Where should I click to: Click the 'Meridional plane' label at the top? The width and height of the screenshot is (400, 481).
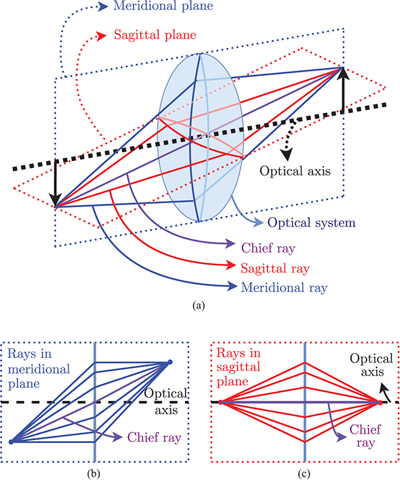pos(163,6)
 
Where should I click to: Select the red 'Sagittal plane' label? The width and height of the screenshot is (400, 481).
pos(155,35)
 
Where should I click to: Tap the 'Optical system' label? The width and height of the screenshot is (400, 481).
pos(312,223)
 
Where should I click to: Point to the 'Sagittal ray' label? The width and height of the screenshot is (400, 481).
pos(275,269)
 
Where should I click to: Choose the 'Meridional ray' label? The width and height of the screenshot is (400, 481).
pos(284,288)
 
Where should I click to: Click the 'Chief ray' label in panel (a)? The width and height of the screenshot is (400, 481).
pos(268,248)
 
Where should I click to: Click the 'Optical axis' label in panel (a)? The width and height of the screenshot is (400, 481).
pos(295,171)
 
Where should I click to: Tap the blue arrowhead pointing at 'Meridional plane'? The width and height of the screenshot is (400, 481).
pos(103,7)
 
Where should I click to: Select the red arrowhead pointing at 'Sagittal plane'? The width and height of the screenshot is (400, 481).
pos(102,36)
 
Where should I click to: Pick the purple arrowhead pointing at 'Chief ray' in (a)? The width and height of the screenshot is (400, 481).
pos(231,244)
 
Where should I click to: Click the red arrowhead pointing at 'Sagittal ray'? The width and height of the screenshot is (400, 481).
pos(230,264)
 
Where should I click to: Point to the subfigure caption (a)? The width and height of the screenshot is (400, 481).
pos(199,306)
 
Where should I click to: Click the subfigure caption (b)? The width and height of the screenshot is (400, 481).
pos(93,474)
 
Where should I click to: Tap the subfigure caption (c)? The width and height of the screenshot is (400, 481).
pos(304,474)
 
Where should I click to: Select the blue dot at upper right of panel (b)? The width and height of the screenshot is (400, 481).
pos(170,362)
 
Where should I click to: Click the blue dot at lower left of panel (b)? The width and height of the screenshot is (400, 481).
pos(11,442)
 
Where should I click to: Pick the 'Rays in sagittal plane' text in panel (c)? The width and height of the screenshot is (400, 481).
pos(238,367)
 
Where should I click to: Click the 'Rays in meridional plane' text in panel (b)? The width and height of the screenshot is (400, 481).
pos(38,369)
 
